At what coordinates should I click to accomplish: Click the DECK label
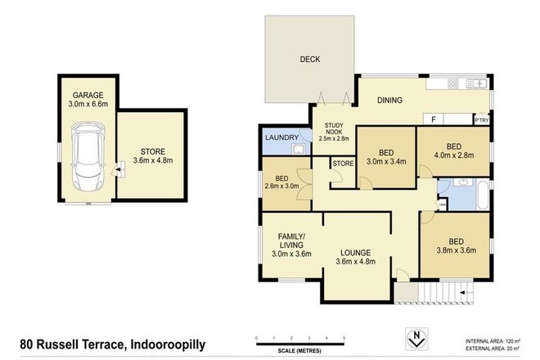point(309,59)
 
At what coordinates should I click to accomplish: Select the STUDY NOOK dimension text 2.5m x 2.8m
point(332,138)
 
